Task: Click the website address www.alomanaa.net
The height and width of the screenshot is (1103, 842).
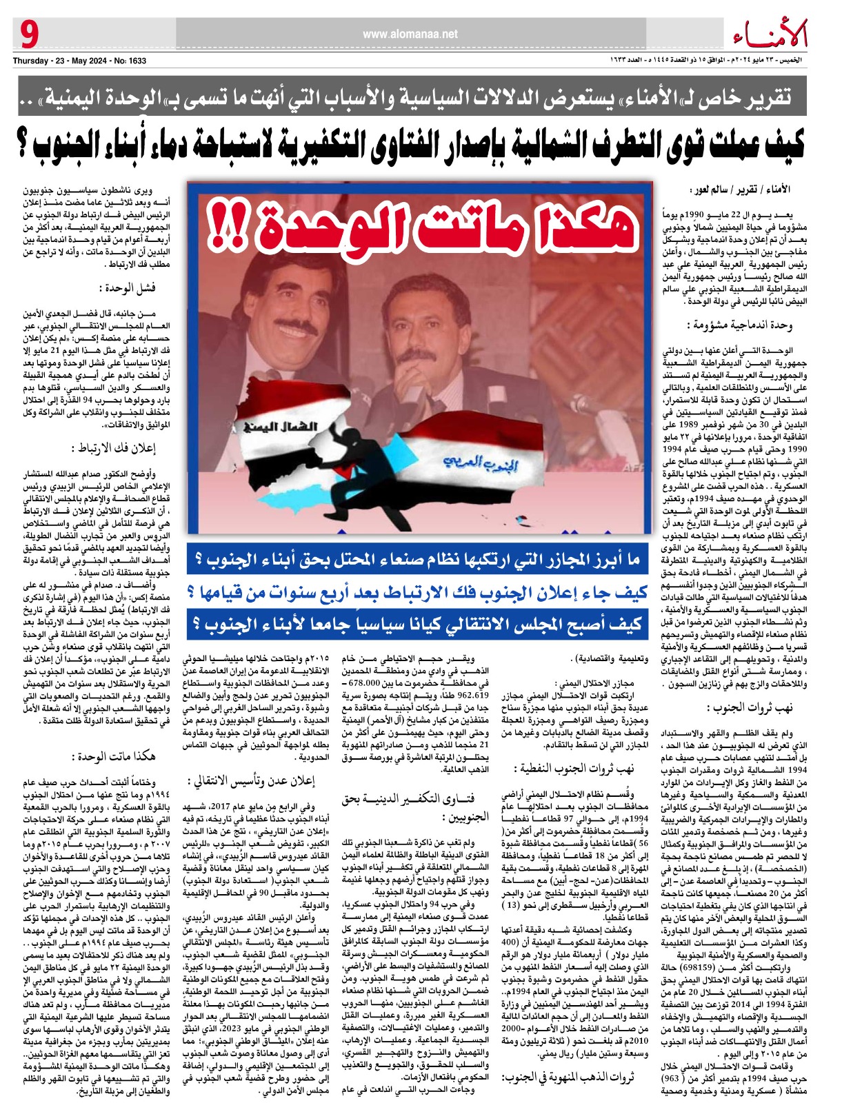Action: pyautogui.click(x=410, y=33)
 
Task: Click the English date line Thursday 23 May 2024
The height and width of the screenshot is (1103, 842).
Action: pyautogui.click(x=79, y=61)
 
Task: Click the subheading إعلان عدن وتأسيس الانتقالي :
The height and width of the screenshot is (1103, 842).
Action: pyautogui.click(x=252, y=781)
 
